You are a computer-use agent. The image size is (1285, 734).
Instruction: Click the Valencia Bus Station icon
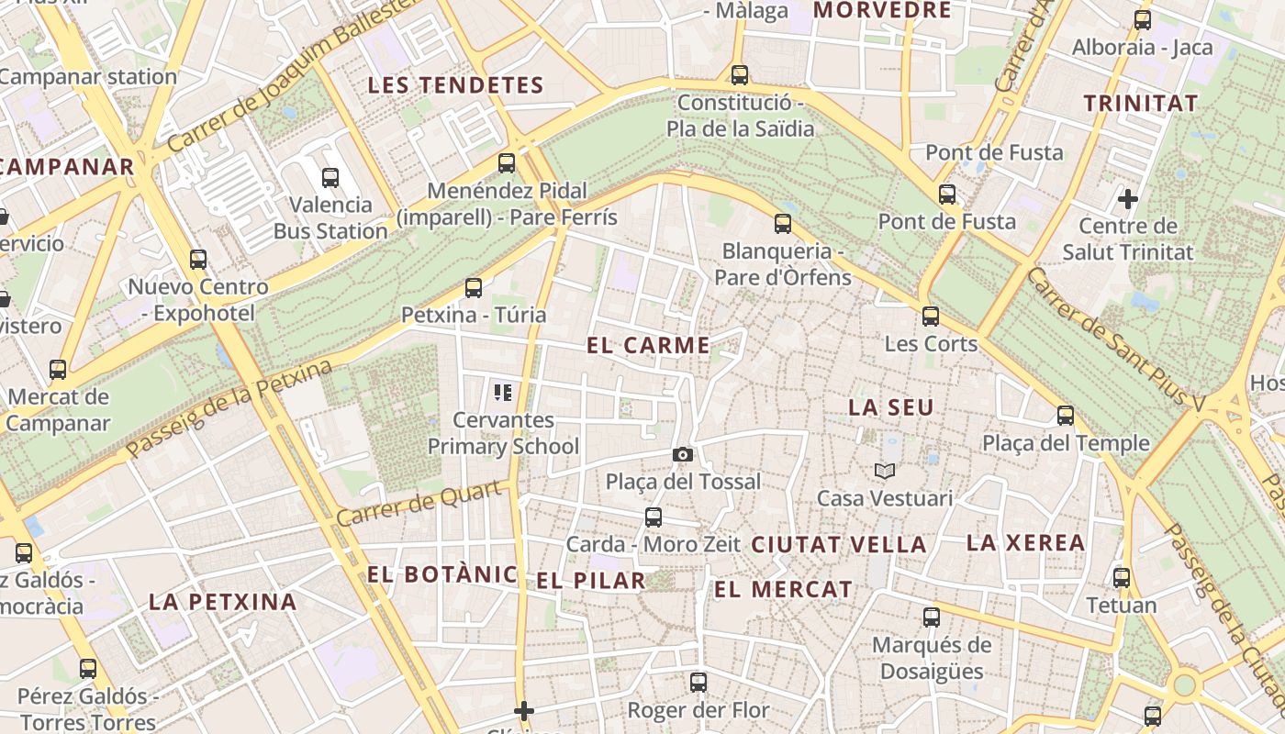point(330,178)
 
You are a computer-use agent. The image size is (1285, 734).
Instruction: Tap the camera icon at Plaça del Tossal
point(682,454)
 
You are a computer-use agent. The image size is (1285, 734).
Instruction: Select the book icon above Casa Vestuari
point(884,471)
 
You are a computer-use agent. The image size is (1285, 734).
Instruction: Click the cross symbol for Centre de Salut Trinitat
point(1128,198)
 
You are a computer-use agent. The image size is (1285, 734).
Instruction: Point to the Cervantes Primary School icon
point(503,393)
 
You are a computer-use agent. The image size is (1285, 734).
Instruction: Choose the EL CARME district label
point(648,346)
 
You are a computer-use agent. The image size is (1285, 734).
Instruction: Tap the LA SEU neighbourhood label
point(890,407)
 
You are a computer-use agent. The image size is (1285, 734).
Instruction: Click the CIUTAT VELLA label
point(839,544)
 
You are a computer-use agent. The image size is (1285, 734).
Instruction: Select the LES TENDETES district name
point(456,85)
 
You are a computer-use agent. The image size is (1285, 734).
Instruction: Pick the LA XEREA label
point(1025,542)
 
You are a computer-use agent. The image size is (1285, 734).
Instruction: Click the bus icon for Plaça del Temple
point(1065,416)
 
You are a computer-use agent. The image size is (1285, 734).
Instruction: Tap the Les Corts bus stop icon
point(931,317)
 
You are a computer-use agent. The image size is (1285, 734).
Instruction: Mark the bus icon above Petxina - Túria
point(474,288)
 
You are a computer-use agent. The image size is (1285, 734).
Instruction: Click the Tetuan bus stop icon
point(1121,578)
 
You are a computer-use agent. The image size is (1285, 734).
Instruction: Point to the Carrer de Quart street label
point(421,505)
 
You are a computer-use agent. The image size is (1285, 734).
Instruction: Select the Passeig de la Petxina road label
point(229,409)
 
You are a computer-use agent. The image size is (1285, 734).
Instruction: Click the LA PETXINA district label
point(223,602)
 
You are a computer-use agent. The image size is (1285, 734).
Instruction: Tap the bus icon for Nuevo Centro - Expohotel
point(198,260)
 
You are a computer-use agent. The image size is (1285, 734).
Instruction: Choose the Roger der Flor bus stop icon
point(698,683)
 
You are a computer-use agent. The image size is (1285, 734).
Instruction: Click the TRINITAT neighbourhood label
point(1141,103)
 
